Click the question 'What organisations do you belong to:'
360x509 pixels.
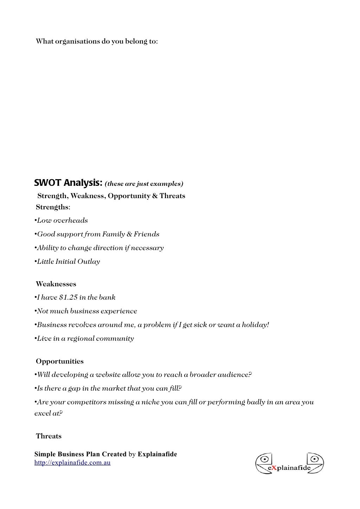(x=97, y=41)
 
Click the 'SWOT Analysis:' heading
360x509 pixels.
(x=68, y=183)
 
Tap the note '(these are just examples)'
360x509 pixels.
(x=144, y=184)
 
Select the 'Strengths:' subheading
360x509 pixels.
(x=53, y=207)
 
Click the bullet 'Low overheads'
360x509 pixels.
(x=62, y=221)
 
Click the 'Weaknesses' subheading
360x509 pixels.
(x=56, y=284)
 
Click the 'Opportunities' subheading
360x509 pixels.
(x=60, y=361)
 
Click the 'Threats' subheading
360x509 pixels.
(x=49, y=436)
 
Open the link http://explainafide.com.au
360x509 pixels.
(x=72, y=463)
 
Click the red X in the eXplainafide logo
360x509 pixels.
(x=274, y=468)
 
